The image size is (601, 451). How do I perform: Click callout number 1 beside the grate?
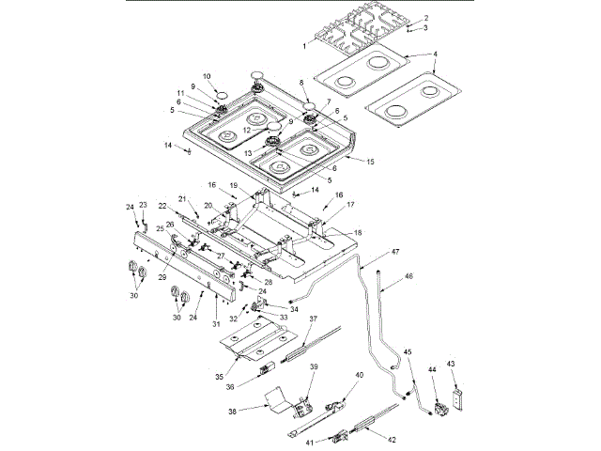point(304,44)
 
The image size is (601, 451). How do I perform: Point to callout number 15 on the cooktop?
point(370,163)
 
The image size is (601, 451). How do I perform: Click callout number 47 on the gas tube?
point(395,253)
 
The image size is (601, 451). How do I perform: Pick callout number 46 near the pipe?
point(408,277)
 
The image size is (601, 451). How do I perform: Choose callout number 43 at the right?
point(451,364)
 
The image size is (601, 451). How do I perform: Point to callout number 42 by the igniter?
point(392,439)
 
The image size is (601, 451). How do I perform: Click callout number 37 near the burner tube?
point(315,319)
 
